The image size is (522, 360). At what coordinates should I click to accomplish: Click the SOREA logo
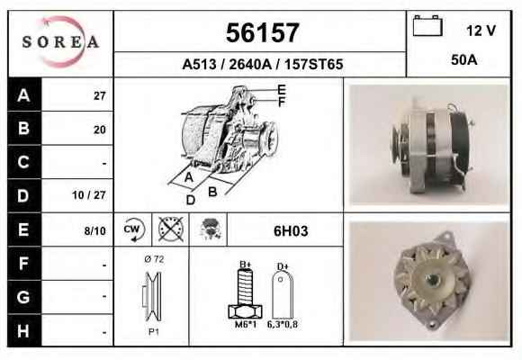coord(60,42)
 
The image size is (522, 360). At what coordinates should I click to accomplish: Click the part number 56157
coord(262,32)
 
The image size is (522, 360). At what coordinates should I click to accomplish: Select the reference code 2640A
coord(250,64)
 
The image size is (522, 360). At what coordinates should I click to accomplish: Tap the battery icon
coord(427,25)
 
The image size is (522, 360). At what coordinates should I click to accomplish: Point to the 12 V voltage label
coord(481,31)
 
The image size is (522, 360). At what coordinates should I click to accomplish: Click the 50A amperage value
coord(464,60)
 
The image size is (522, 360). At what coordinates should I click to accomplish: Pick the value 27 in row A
coord(100,96)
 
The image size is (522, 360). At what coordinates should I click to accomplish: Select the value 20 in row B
coord(100,130)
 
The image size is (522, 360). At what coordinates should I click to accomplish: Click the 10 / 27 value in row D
coord(89,195)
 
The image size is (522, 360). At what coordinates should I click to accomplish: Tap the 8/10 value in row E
coord(94,230)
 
